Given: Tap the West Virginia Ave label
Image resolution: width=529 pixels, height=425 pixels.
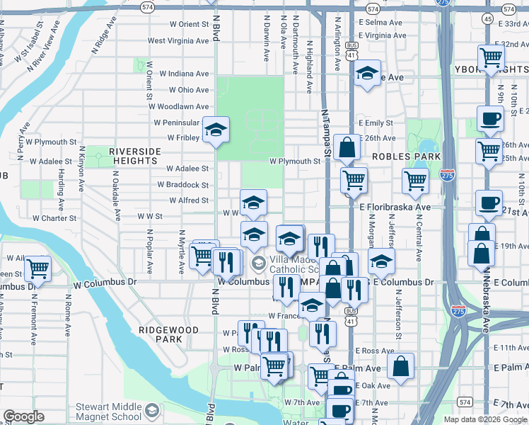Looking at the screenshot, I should (x=178, y=41).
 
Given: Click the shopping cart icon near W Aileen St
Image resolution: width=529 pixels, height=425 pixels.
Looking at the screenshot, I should (x=37, y=268).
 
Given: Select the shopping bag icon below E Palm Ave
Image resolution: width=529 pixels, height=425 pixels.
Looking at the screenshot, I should (x=400, y=366).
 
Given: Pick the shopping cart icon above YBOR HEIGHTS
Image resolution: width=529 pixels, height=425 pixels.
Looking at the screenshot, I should (x=491, y=57).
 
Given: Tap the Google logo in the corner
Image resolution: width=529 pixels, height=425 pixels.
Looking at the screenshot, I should (x=23, y=416).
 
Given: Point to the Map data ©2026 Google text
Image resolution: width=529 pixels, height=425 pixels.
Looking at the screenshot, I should (x=484, y=419).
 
